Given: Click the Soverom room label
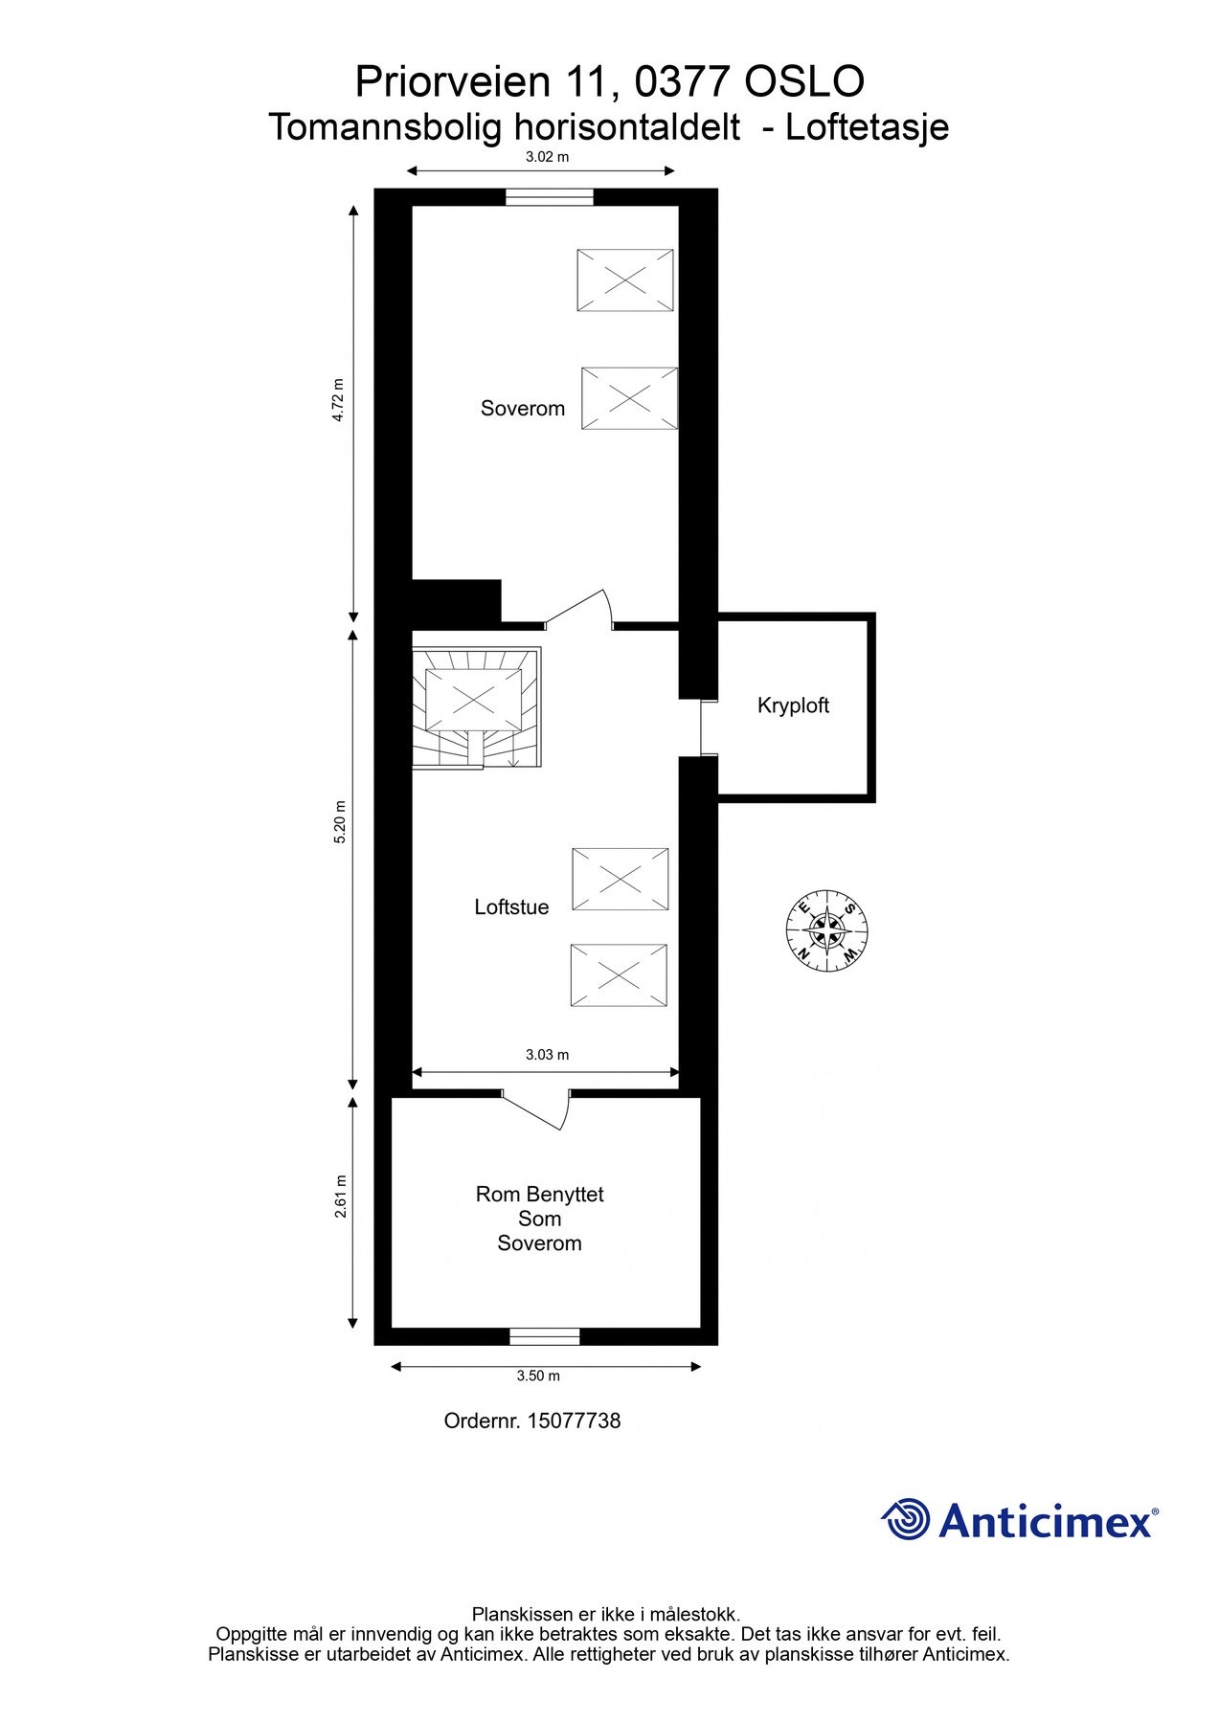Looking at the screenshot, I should tap(522, 409).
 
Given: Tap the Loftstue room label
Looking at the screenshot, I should tap(511, 907).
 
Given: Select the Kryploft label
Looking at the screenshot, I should tap(793, 706).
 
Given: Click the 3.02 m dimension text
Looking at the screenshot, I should tap(547, 157).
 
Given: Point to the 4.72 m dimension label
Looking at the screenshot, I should tap(337, 400).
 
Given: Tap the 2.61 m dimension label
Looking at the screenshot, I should tap(340, 1197).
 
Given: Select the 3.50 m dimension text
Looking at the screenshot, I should tap(537, 1376).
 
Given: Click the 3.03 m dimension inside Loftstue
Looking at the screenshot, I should tap(547, 1055).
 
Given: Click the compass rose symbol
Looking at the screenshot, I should tap(826, 929).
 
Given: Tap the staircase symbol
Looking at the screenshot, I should tap(477, 708).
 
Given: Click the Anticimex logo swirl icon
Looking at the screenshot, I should tap(906, 1519).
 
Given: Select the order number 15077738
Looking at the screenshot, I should tap(574, 1421).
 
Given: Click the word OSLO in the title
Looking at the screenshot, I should tap(804, 82).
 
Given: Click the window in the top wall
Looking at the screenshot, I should tap(550, 197).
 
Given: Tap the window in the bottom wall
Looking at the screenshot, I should tap(544, 1336).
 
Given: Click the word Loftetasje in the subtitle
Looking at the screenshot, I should tap(867, 127).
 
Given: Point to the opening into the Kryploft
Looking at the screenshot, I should tap(709, 728).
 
